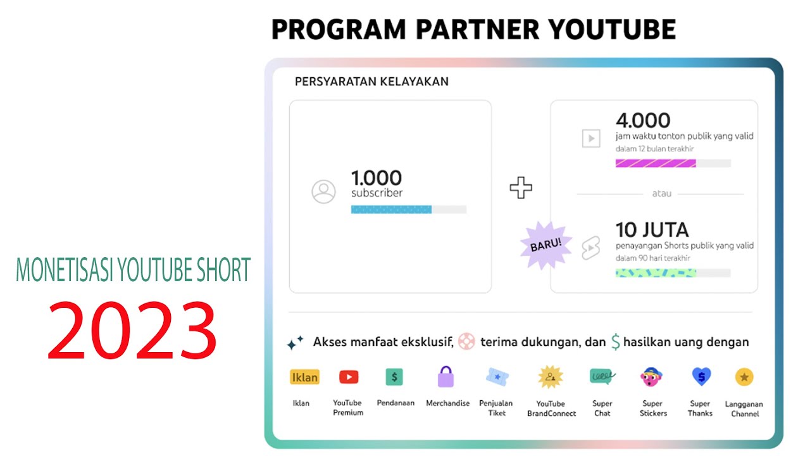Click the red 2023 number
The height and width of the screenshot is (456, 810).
tap(132, 330)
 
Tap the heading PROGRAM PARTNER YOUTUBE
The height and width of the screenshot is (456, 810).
tap(473, 29)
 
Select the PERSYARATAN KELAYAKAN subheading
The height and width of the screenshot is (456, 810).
tap(371, 82)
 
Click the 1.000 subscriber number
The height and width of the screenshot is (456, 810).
tap(377, 178)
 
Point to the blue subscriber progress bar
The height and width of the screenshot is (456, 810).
tap(391, 210)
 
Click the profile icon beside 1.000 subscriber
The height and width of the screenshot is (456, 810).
tap(323, 191)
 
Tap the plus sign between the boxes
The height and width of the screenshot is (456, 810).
tap(521, 188)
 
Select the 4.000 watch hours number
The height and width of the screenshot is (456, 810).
tap(642, 120)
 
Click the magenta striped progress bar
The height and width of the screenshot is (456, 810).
tap(656, 163)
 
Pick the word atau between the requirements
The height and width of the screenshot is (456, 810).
tap(661, 194)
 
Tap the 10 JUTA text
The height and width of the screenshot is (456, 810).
tap(652, 229)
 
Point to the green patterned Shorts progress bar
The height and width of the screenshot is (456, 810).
tap(656, 273)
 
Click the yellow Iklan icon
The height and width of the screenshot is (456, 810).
tap(304, 377)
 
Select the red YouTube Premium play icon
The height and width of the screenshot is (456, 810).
tap(349, 377)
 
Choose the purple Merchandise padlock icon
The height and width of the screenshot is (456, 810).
tap(446, 377)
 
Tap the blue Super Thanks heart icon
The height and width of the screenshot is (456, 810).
tap(701, 377)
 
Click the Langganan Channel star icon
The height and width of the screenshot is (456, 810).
tap(744, 377)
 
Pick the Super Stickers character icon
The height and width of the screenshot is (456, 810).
tap(652, 377)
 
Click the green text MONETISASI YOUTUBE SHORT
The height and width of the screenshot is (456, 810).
tap(133, 270)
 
